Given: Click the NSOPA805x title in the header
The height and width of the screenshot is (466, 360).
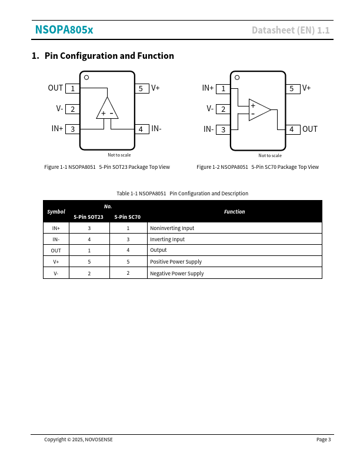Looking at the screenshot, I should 64,30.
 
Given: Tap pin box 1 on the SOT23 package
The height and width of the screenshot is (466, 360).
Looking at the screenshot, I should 72,88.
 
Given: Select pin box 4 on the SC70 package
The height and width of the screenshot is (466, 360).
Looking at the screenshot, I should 292,129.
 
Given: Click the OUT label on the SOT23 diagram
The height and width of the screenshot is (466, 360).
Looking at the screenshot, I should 55,88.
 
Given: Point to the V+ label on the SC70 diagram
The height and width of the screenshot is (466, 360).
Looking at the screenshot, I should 306,88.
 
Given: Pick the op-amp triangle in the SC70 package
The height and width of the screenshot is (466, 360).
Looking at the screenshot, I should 258,109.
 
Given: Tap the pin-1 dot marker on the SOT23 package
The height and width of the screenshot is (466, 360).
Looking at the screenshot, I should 86,77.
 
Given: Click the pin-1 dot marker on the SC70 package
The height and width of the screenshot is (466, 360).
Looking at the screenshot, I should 237,77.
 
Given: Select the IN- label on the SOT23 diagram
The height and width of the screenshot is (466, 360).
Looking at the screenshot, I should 156,128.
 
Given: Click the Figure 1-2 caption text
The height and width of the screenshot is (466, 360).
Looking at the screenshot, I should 258,167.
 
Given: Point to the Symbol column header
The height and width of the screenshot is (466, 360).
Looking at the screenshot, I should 56,211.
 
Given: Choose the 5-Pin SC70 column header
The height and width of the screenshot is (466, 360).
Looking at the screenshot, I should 128,217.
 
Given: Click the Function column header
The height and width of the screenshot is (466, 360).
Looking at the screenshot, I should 234,211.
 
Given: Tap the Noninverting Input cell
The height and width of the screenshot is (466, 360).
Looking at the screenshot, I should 172,228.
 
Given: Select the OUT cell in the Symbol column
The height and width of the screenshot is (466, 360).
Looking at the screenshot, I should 56,251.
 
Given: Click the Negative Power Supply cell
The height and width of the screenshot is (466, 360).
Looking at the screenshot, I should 176,274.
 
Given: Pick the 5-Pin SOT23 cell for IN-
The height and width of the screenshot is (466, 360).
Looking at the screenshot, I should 89,239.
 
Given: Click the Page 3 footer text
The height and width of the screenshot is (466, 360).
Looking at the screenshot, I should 324,440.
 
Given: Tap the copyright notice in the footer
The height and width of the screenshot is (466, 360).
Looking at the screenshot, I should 78,440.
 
